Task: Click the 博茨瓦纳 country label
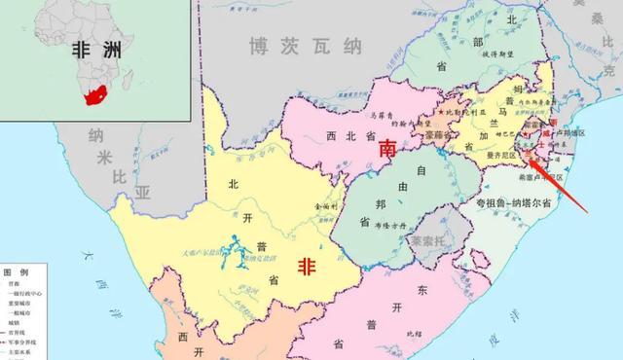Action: point(291,46)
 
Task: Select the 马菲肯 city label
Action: point(386,113)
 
